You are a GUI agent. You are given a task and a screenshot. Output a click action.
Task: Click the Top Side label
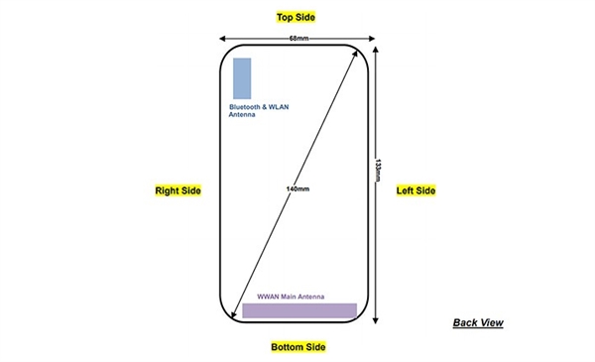297,18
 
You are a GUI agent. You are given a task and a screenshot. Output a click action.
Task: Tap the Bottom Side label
297,347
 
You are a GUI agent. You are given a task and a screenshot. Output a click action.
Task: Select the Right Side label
178,189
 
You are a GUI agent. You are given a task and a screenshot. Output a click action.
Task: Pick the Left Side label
416,189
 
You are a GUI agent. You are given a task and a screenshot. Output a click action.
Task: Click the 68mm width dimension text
297,39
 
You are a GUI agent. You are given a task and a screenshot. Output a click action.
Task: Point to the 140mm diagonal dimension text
297,188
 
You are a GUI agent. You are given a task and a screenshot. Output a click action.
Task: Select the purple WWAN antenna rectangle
299,310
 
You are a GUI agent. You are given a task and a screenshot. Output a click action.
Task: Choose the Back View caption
478,322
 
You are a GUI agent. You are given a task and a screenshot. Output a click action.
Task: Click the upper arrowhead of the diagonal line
356,53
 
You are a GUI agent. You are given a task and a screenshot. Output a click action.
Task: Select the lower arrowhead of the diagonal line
236,321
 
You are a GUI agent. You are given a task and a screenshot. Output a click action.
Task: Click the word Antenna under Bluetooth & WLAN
243,115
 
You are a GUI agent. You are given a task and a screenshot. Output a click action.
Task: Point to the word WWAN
268,297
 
